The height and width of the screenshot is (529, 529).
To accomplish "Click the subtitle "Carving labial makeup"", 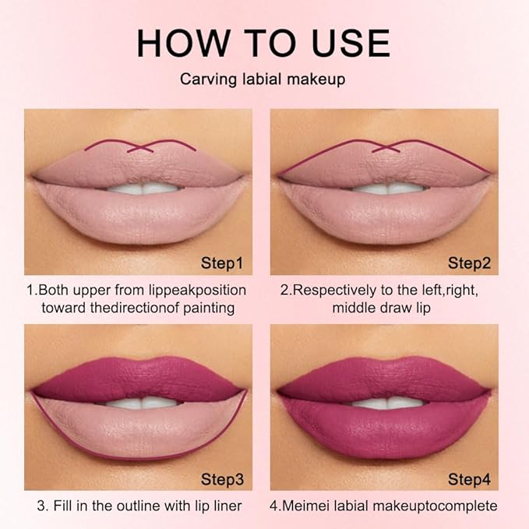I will coord(264,79).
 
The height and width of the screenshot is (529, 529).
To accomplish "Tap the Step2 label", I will coord(469,263).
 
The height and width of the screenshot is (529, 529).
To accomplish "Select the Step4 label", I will coord(469,478).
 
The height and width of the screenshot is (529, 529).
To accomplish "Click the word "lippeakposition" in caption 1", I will coord(199,290).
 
